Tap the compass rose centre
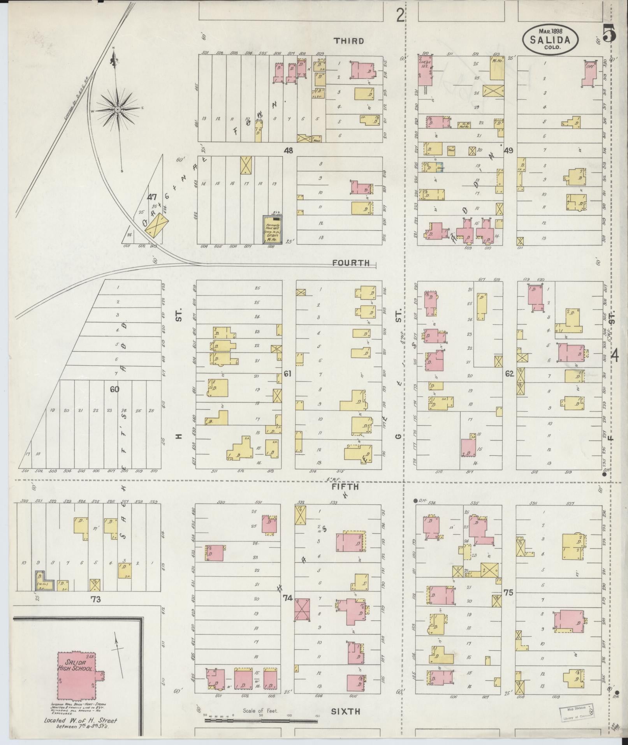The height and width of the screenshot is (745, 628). click(x=116, y=110)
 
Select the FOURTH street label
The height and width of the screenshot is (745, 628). click(x=351, y=263)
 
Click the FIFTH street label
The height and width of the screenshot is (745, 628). click(x=345, y=487)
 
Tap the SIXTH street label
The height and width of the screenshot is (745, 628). click(x=345, y=711)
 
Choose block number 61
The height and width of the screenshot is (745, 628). click(x=288, y=374)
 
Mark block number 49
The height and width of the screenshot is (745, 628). click(x=508, y=150)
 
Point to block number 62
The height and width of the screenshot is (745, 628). click(x=509, y=374)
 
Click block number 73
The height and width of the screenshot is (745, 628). click(x=95, y=611)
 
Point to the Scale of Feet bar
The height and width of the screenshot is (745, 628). click(x=261, y=720)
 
